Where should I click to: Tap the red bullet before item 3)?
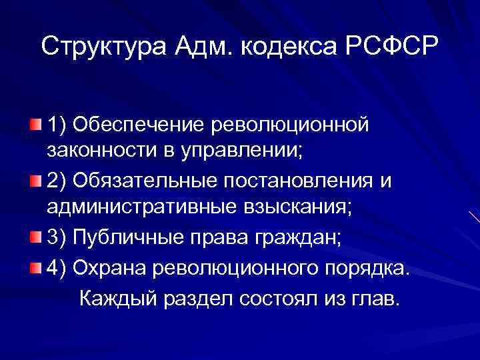[35, 236]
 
